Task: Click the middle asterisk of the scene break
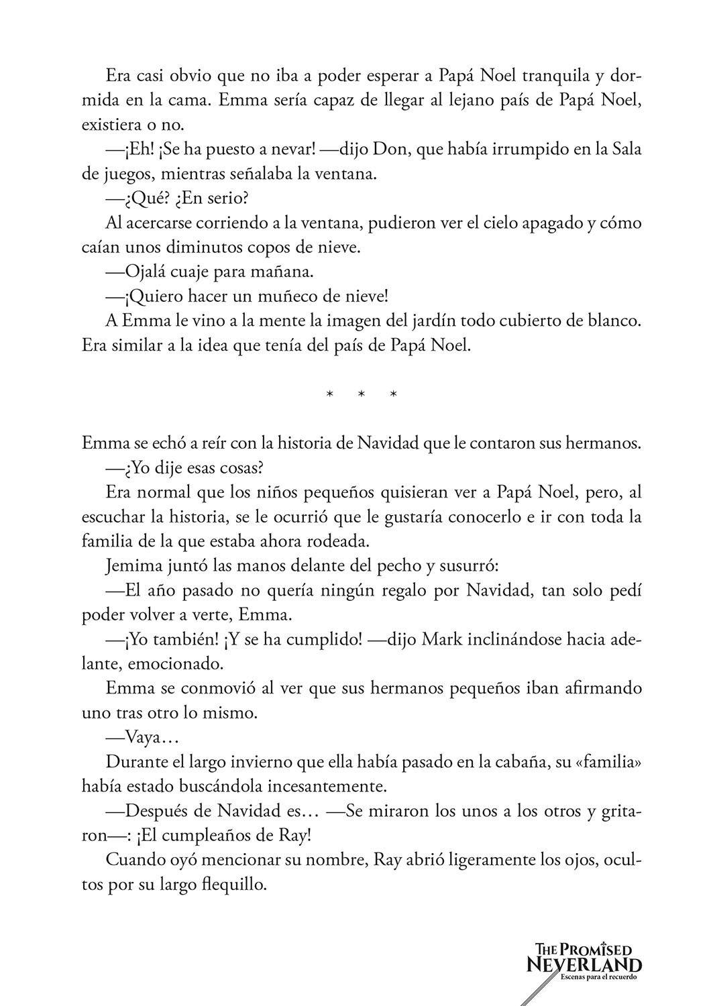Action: tap(362, 395)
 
